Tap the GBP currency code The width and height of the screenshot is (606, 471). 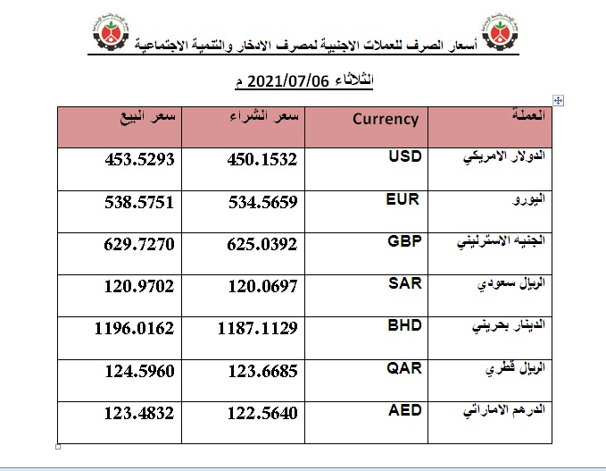(x=403, y=241)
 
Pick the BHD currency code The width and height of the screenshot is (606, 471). (x=403, y=326)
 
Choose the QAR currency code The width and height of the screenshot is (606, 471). (x=403, y=368)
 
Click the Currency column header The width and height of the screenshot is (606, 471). (x=386, y=118)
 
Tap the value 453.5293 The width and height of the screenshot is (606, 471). (x=135, y=160)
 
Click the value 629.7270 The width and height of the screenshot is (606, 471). (x=135, y=245)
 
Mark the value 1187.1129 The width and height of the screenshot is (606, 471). (x=257, y=330)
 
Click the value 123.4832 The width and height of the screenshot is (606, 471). (x=135, y=414)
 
